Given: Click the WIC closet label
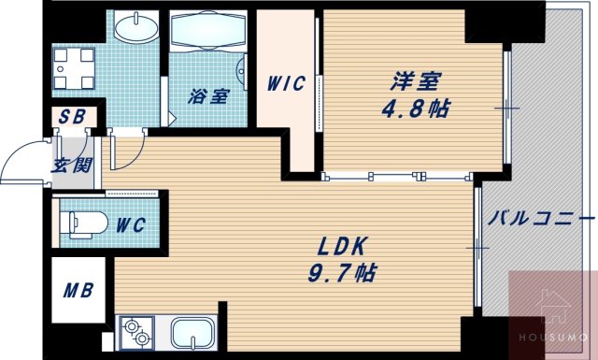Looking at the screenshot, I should click(x=285, y=83).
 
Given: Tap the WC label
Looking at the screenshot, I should click(x=128, y=225).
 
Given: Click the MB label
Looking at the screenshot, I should click(x=78, y=290).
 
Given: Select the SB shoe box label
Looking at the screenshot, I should click(x=71, y=118).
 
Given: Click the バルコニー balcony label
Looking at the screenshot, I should click(x=540, y=220).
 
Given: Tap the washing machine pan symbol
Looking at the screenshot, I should click(x=74, y=65).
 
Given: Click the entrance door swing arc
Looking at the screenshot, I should click(x=23, y=161).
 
